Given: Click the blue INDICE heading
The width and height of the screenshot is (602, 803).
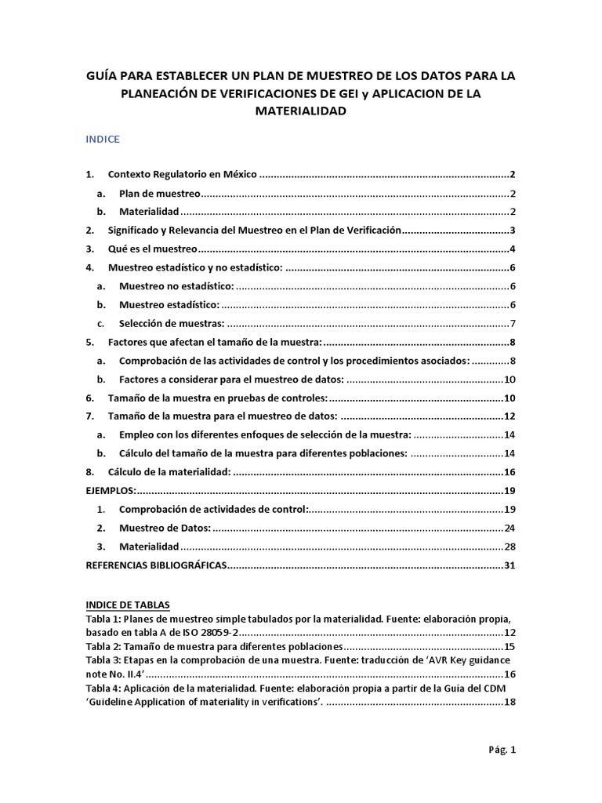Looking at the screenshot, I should coord(102,140).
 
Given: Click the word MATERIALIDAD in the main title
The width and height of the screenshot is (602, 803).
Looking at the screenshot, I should coord(301,111).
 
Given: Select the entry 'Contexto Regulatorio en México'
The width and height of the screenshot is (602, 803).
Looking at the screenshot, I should coord(183,174).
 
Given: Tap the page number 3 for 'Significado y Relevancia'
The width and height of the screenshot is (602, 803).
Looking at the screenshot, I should coord(511,231).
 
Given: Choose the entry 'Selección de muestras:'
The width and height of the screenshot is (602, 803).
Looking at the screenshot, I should coord(172,324).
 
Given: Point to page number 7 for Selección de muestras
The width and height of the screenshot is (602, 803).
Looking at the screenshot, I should coord(511,324).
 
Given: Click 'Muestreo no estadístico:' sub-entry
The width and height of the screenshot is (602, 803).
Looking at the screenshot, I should coord(176,287).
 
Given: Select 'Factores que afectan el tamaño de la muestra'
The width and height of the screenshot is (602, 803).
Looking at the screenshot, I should coord(215,343).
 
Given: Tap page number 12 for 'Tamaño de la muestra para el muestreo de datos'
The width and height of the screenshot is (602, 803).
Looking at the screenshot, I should coord(509,416).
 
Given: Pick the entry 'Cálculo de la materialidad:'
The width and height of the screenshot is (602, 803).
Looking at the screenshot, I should coord(169,473).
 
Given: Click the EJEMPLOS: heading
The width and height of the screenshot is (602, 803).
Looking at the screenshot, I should coord(110,491).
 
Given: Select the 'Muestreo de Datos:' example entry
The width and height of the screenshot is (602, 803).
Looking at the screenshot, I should coord(165,528).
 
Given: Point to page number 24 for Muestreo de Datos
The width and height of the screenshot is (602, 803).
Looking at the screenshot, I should coord(509,528).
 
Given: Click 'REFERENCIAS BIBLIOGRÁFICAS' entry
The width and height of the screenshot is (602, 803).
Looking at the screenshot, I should coord(155,565).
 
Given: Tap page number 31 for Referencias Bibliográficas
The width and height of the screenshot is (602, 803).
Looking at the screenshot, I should coord(509,565).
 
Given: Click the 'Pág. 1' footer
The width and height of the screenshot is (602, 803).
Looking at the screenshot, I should coord(502,750).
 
